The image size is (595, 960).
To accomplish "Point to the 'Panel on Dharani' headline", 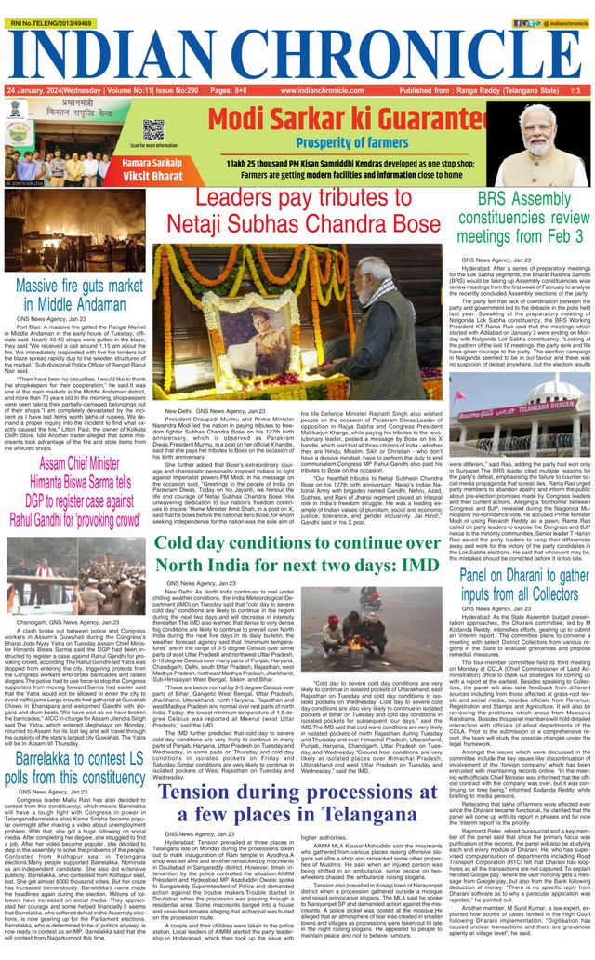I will coord(524,585).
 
